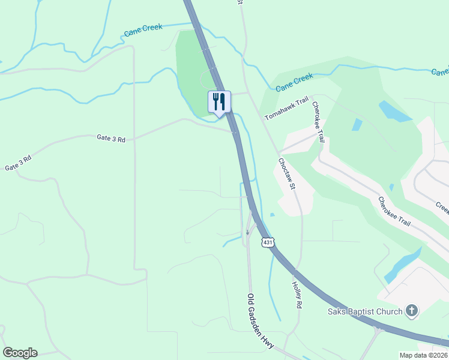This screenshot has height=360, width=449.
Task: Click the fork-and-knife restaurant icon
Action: tap(218, 101)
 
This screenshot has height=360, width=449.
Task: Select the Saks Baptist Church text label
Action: tap(366, 311)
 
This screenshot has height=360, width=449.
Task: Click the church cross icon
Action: tap(412, 310)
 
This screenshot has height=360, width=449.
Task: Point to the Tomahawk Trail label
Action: tap(286, 107)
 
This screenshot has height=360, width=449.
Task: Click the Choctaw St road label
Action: tap(287, 174)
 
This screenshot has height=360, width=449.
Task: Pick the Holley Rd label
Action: tap(297, 295)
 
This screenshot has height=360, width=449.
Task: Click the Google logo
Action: tap(20, 353)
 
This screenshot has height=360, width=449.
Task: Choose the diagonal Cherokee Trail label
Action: tap(394, 211)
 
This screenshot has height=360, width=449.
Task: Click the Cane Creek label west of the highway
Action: tap(143, 32)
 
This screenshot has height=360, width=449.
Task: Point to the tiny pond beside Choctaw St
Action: tap(273, 215)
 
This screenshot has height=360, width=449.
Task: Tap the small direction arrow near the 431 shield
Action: tap(247, 232)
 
